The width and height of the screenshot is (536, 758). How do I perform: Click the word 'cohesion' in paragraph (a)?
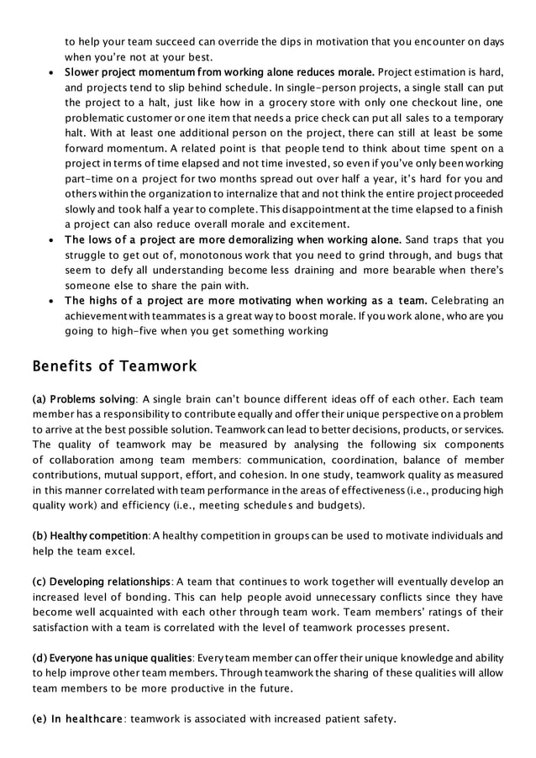click(330, 474)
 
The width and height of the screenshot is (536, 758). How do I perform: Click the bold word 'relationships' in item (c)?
click(132, 581)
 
